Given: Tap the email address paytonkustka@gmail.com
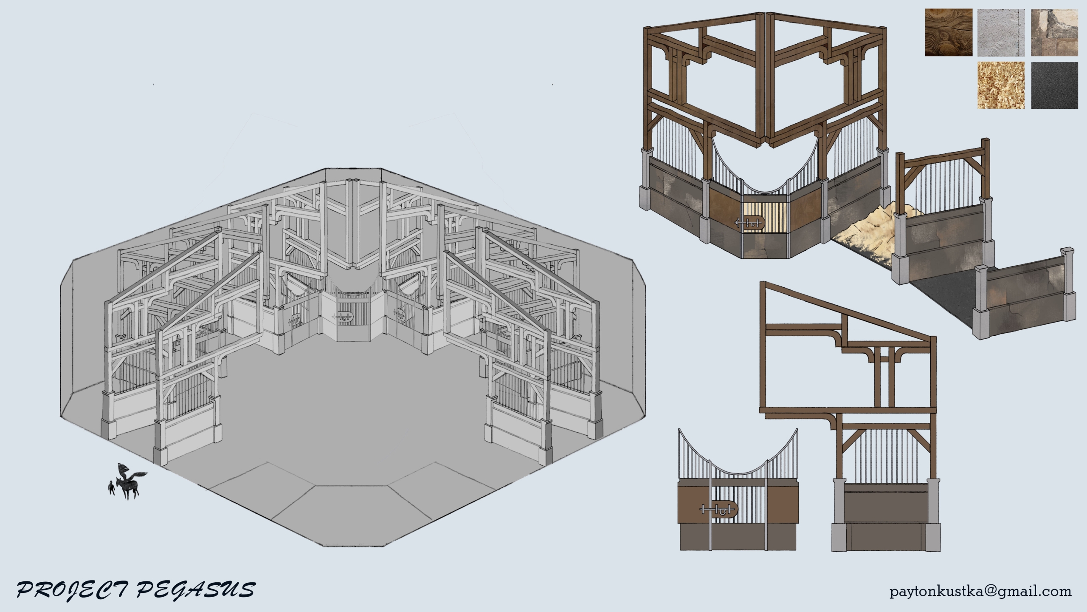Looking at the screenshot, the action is click(x=980, y=591).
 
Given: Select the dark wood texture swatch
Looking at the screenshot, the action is click(x=949, y=32).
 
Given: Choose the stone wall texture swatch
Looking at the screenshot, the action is click(x=1054, y=32).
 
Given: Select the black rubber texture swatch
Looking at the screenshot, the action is click(x=1054, y=85).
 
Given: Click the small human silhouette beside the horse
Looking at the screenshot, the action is click(x=111, y=488).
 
